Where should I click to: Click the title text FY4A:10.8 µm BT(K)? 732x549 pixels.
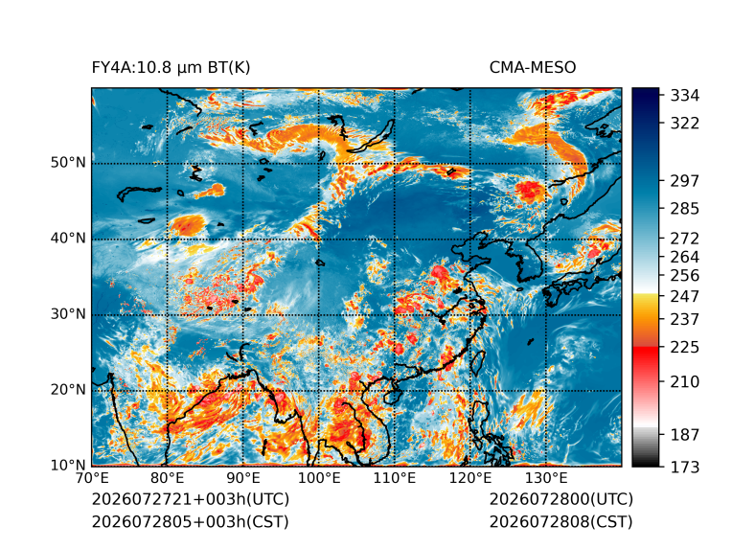click(171, 68)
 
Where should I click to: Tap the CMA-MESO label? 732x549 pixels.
click(533, 68)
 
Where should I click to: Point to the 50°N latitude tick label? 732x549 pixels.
click(68, 163)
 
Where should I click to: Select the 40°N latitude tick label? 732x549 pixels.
click(68, 238)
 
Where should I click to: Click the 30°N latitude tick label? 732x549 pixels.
click(68, 313)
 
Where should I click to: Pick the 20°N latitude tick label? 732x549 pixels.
click(68, 389)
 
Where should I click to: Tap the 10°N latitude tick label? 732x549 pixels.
click(68, 465)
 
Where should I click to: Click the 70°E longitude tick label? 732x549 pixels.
click(92, 478)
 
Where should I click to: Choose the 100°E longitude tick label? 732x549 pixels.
click(319, 478)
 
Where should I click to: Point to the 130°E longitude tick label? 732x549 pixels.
click(546, 478)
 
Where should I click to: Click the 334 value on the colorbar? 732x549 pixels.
click(685, 96)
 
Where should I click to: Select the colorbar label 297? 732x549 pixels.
click(685, 181)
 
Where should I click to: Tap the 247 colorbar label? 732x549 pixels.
click(685, 296)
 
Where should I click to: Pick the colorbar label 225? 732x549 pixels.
click(685, 348)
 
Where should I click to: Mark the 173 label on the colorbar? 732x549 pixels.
click(685, 467)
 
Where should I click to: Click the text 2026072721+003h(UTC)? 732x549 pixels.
click(191, 499)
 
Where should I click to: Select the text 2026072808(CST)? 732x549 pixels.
click(561, 522)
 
